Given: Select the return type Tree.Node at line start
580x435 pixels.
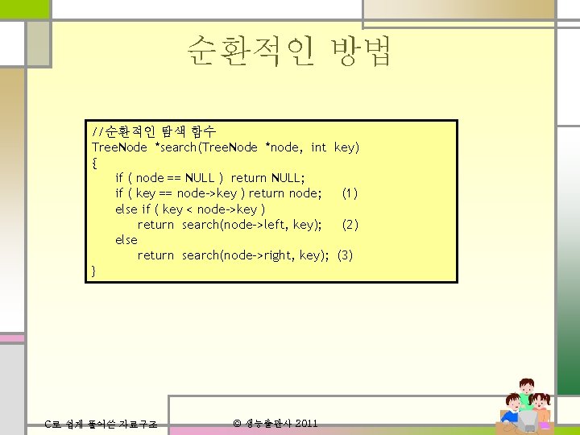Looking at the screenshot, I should pyautogui.click(x=119, y=147).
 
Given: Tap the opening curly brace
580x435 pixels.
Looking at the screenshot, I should pyautogui.click(x=95, y=163).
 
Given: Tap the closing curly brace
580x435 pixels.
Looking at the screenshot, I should pyautogui.click(x=95, y=271).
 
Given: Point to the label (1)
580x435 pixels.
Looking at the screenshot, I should pyautogui.click(x=350, y=193).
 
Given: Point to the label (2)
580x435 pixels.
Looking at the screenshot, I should pyautogui.click(x=350, y=225).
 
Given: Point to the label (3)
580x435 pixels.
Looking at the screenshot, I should pyautogui.click(x=345, y=255).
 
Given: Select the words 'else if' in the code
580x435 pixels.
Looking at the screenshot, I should pyautogui.click(x=132, y=209).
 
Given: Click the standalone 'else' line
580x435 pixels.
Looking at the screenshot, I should pyautogui.click(x=126, y=240).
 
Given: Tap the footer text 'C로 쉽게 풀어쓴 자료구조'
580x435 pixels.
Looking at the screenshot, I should pyautogui.click(x=100, y=425).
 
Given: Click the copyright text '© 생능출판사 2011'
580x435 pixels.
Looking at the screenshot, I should pyautogui.click(x=275, y=424).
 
